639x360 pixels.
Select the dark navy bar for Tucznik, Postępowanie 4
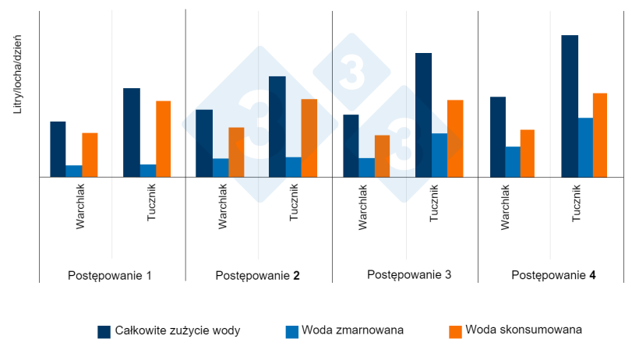(570, 106)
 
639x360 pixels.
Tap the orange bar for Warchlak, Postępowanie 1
(90, 155)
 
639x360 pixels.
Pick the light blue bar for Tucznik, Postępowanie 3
(439, 155)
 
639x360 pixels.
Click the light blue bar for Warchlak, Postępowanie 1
(74, 171)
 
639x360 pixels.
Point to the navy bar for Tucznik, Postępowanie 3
(423, 115)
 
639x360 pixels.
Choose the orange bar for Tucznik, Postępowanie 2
(309, 138)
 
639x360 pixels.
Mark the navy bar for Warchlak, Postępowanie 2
(204, 143)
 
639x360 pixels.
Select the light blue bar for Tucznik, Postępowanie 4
(585, 147)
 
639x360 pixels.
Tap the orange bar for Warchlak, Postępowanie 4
(528, 154)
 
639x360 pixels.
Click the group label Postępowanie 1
(110, 275)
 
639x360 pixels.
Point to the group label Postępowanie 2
(257, 275)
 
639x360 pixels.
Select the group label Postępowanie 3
(408, 274)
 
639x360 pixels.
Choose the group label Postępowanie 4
(554, 275)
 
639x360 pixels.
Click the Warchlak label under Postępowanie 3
(363, 206)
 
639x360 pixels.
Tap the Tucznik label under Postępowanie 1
(152, 203)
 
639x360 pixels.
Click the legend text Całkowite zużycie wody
(178, 330)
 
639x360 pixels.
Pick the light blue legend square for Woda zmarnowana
(292, 331)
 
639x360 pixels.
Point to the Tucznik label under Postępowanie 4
(577, 203)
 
